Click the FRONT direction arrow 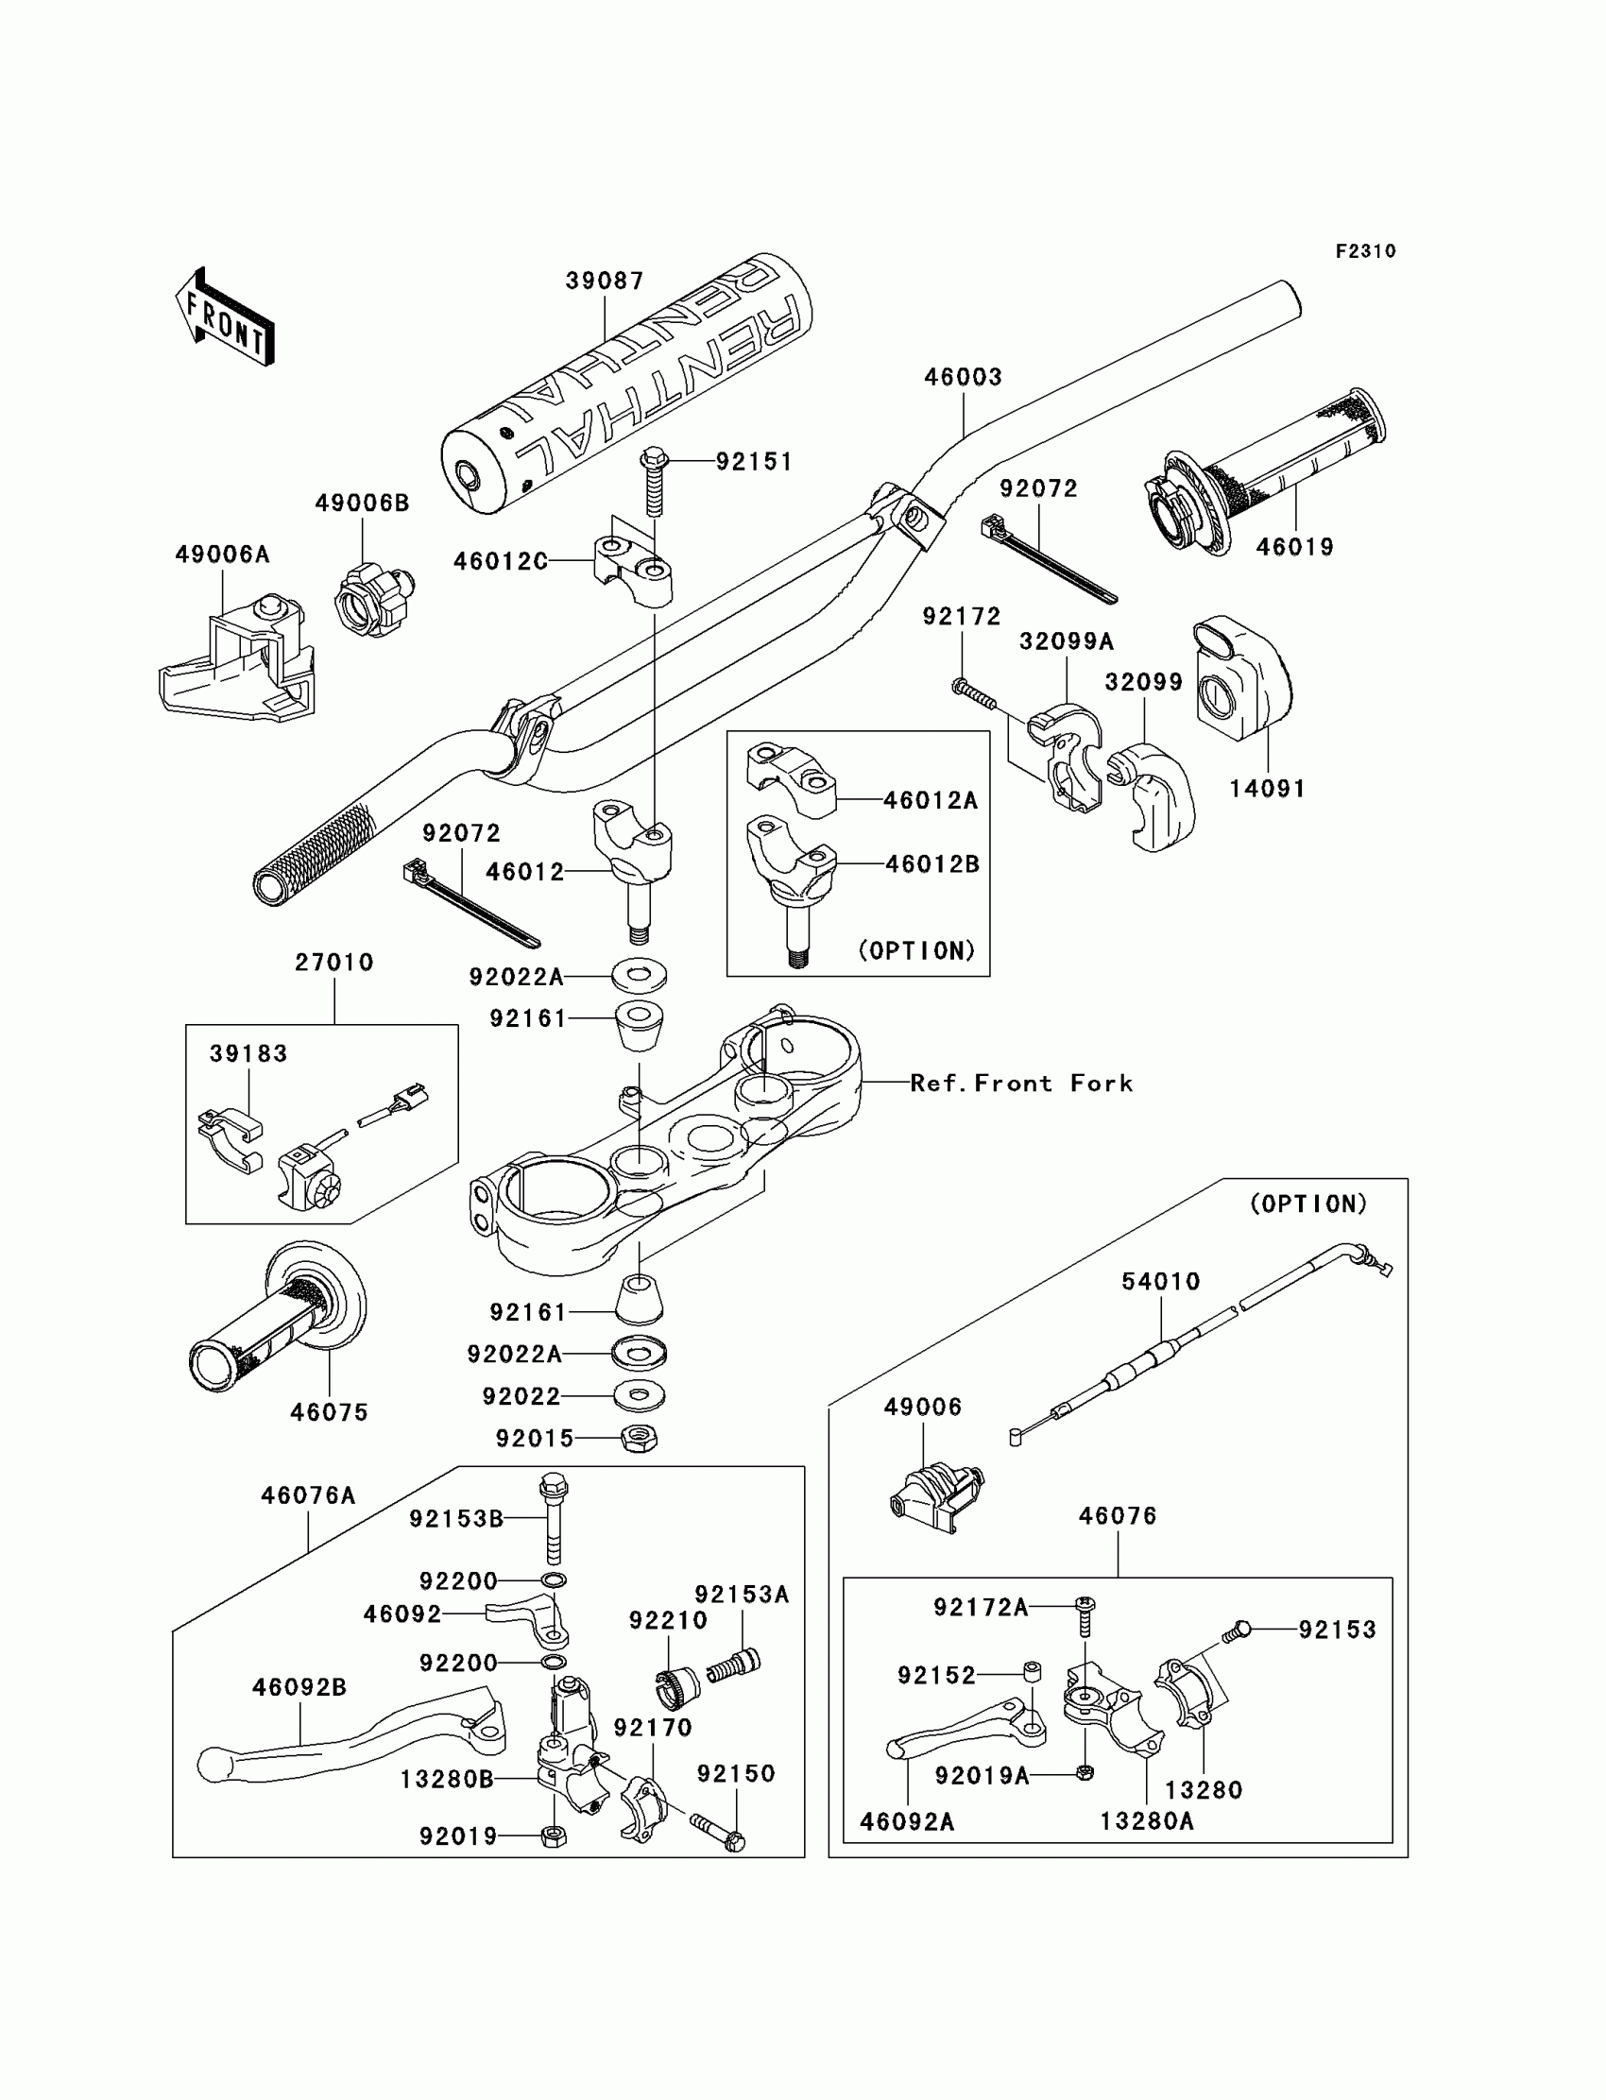tap(226, 318)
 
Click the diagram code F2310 tap(1365, 251)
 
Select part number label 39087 tap(605, 281)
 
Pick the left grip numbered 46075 tap(277, 1318)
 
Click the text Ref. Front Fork tap(1021, 1083)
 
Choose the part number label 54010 tap(1160, 1282)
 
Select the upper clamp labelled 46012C tap(633, 571)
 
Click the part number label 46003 tap(963, 378)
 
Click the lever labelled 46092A tap(965, 1727)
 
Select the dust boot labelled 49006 tap(935, 1496)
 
